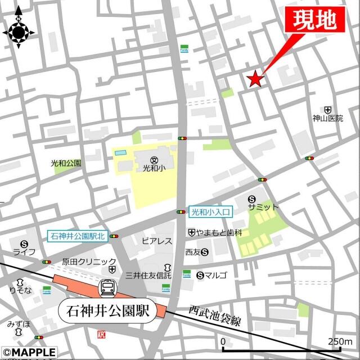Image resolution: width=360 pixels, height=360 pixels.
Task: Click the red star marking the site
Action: [x=255, y=79]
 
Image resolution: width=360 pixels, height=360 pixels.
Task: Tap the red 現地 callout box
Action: [x=314, y=21]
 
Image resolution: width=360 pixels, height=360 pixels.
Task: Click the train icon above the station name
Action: [x=106, y=289]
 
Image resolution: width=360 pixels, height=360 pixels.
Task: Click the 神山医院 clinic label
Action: [x=328, y=119]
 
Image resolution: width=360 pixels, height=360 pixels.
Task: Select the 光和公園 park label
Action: [x=66, y=163]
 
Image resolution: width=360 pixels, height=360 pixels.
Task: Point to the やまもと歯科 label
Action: [x=219, y=232]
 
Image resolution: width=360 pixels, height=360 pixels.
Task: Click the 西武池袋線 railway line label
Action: [x=215, y=316]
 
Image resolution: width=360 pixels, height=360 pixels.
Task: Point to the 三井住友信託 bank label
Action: [x=148, y=275]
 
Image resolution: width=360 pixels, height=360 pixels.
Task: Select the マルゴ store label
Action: [x=216, y=275]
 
